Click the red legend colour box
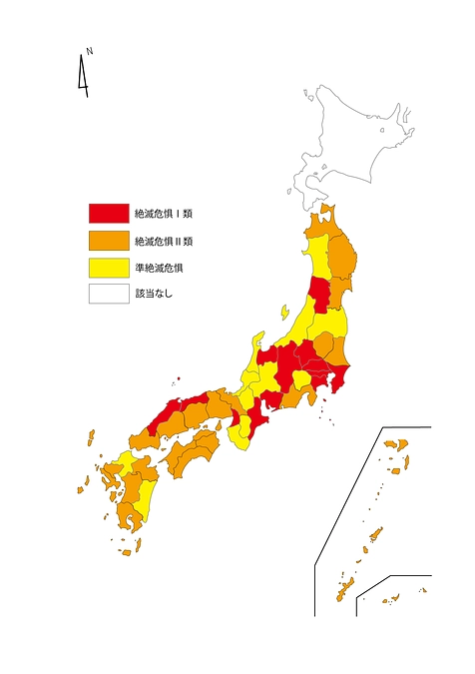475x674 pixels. pos(109,213)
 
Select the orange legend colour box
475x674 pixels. pos(109,240)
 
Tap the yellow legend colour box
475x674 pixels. pos(109,268)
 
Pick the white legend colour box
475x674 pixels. pos(109,295)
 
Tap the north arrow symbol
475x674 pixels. pos(82,78)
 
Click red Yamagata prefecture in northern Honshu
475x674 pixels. pos(319,295)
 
